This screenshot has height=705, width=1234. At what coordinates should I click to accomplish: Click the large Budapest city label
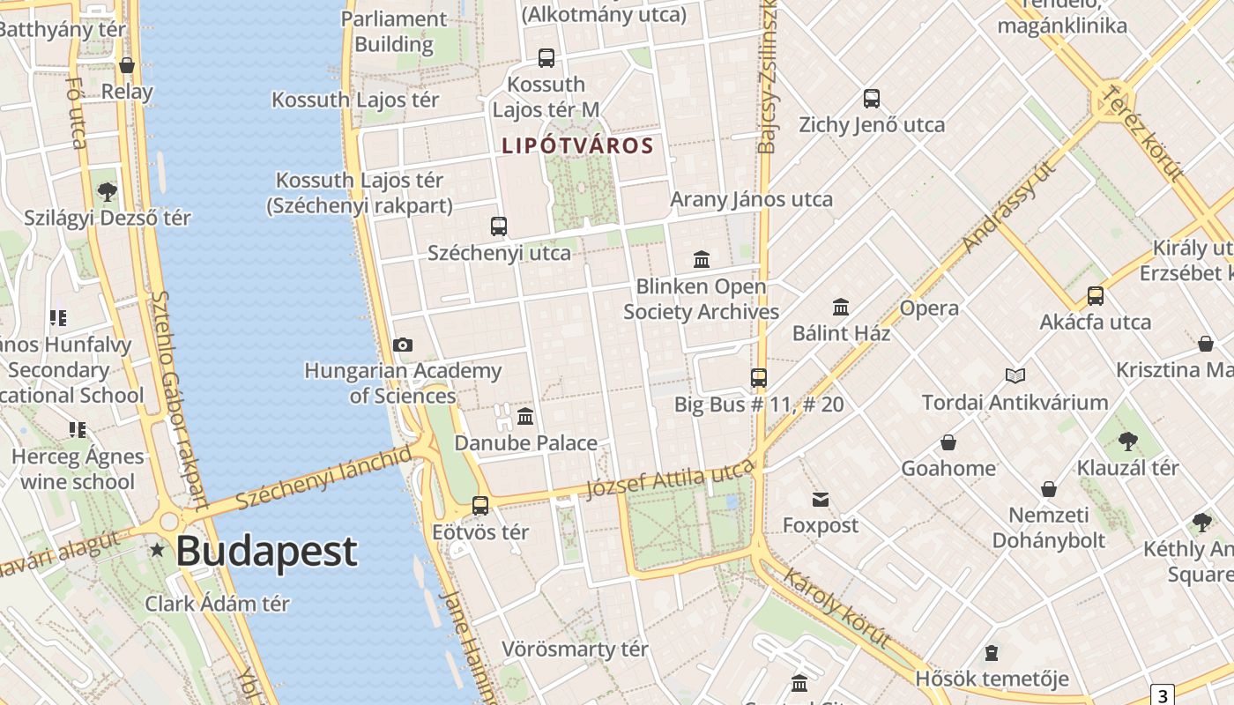pyautogui.click(x=266, y=551)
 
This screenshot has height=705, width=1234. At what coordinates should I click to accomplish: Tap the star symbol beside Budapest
pyautogui.click(x=158, y=550)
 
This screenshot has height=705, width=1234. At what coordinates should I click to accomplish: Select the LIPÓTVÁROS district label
pyautogui.click(x=577, y=145)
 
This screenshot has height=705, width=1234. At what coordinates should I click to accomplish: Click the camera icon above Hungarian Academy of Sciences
pyautogui.click(x=403, y=345)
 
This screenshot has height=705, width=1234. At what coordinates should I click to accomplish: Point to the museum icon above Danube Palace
pyautogui.click(x=525, y=416)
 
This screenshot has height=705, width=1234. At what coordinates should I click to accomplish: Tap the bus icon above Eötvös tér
pyautogui.click(x=480, y=506)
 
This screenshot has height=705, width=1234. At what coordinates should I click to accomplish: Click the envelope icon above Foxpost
pyautogui.click(x=821, y=500)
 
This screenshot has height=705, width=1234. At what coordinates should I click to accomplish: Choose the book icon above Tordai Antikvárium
pyautogui.click(x=1015, y=376)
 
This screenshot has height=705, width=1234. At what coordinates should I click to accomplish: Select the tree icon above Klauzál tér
pyautogui.click(x=1127, y=442)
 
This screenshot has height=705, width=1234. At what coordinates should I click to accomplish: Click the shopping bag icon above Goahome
pyautogui.click(x=948, y=442)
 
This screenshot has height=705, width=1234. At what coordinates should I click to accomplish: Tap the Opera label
pyautogui.click(x=929, y=308)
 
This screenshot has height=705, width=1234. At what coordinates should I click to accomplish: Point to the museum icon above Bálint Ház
pyautogui.click(x=841, y=308)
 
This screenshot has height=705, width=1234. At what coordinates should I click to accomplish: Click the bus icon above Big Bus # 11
pyautogui.click(x=759, y=378)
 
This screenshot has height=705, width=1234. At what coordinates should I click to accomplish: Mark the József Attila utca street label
pyautogui.click(x=671, y=481)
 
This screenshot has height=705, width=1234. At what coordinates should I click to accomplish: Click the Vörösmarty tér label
pyautogui.click(x=575, y=649)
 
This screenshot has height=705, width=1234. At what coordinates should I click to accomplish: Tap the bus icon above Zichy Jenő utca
pyautogui.click(x=872, y=99)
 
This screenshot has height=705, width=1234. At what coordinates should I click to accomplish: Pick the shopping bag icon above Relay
pyautogui.click(x=127, y=65)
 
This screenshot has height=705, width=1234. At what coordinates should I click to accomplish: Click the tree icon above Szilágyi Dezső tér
pyautogui.click(x=108, y=191)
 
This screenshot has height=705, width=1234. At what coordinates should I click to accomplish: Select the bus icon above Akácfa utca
pyautogui.click(x=1096, y=296)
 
